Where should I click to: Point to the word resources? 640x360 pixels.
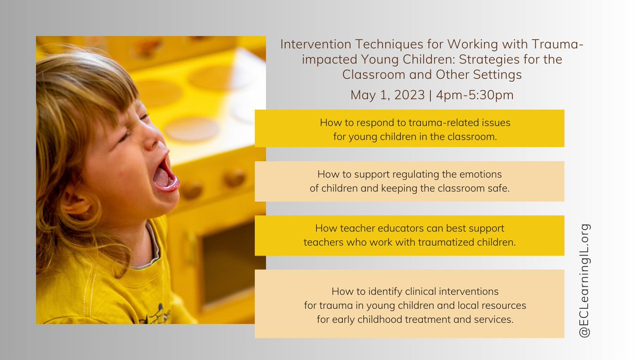(x=504, y=306)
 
